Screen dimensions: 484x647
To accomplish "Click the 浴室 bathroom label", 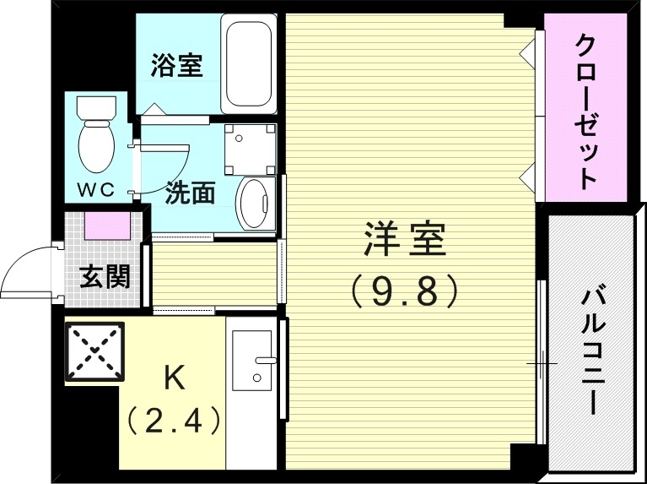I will [177, 66].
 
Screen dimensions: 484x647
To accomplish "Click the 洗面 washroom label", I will [190, 193].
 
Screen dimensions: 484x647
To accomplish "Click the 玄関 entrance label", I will [105, 275].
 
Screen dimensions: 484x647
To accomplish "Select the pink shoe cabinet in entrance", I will [107, 226].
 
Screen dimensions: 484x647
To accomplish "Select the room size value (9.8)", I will [404, 291].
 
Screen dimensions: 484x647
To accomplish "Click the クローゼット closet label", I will [585, 110].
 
